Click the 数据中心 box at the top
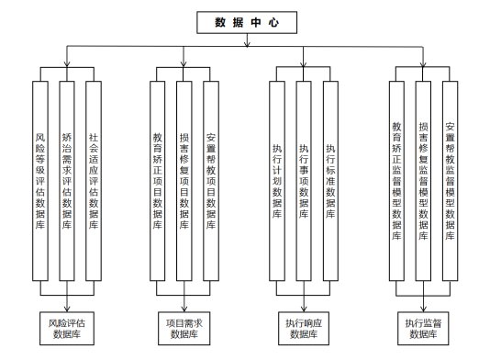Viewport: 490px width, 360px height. tap(247, 23)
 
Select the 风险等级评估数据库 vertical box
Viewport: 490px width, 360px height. tap(40, 181)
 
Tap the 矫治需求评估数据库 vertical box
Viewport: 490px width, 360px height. tap(67, 181)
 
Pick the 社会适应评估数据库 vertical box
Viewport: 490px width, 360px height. tap(94, 181)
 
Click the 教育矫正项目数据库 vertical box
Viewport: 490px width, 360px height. tap(158, 181)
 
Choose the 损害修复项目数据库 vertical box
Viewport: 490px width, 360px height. tap(184, 181)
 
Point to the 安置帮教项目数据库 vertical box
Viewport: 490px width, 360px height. tap(211, 181)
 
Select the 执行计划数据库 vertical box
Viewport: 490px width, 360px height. tap(277, 181)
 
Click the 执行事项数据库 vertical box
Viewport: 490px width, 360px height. tap(304, 181)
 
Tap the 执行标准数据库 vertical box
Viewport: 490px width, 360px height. tap(330, 181)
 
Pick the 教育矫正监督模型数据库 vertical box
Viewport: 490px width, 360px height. tap(396, 181)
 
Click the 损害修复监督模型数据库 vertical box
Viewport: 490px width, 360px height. tap(423, 181)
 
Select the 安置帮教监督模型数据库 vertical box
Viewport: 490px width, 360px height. tap(450, 181)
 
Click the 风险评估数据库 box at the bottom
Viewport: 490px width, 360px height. tap(67, 329)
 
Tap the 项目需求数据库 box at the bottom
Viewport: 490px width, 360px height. tap(184, 329)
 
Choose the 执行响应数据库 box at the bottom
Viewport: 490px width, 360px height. tap(304, 329)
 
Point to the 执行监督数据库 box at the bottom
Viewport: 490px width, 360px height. tap(423, 329)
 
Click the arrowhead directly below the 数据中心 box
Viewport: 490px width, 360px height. tap(247, 44)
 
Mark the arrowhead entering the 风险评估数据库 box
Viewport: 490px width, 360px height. tap(67, 309)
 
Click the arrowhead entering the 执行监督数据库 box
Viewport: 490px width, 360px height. tap(423, 309)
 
